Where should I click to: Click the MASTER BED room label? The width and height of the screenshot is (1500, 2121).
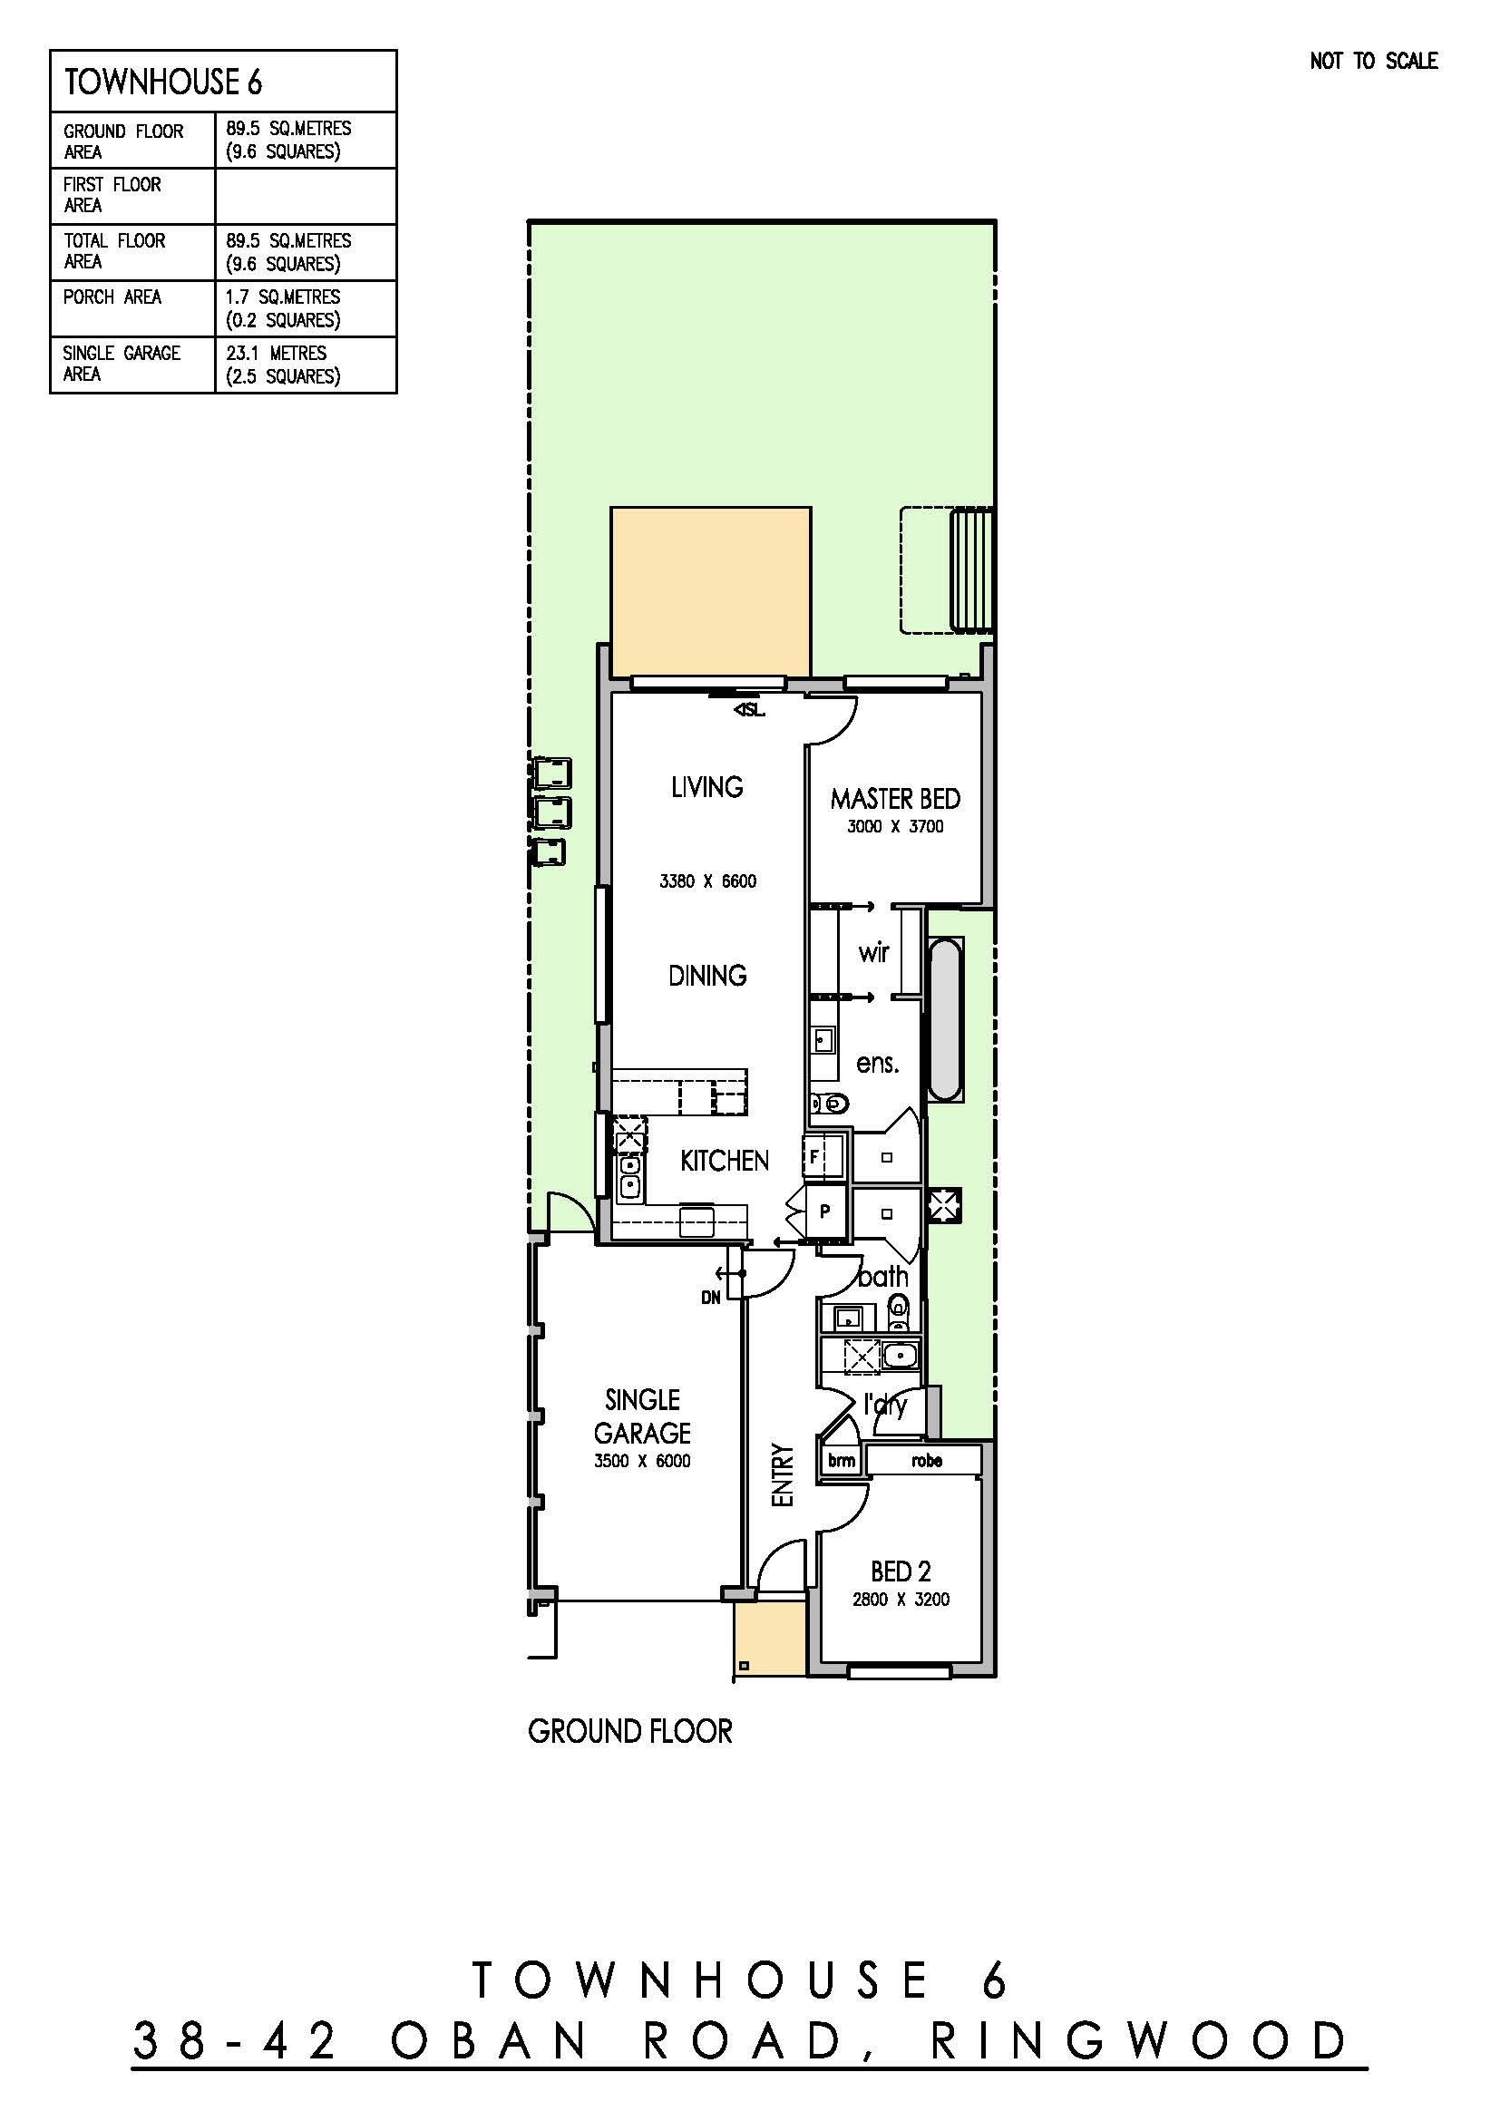click(895, 798)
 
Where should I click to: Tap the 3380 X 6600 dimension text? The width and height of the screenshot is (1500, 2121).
click(707, 881)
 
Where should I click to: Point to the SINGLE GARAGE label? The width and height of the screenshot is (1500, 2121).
click(642, 1416)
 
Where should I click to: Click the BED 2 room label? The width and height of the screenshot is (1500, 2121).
click(901, 1571)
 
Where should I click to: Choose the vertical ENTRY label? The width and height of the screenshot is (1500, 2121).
click(783, 1475)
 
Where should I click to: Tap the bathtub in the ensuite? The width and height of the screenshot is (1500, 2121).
click(946, 1019)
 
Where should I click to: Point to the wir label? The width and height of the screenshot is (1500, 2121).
click(873, 951)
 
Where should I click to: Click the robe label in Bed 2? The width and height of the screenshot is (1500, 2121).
click(927, 1461)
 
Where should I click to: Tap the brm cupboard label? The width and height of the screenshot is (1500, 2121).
click(842, 1461)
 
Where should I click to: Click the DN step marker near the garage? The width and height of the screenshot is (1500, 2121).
click(710, 1298)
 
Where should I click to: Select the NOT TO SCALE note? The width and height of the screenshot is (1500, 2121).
click(1373, 61)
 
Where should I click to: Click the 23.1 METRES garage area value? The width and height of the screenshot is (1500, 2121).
click(277, 353)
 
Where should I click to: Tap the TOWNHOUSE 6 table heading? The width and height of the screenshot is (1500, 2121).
click(162, 83)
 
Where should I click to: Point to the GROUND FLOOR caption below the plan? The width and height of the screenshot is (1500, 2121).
click(630, 1731)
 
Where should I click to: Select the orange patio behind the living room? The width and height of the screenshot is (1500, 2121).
click(710, 591)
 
